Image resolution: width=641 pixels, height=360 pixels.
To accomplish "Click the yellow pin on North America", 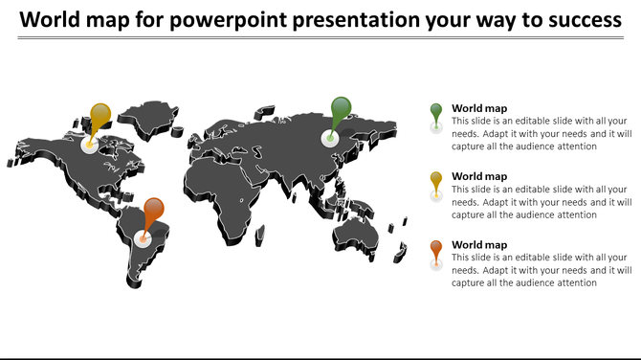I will pyautogui.click(x=99, y=118).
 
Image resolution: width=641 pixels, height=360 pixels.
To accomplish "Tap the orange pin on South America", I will pyautogui.click(x=153, y=210).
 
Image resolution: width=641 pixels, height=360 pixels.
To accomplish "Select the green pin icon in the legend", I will pyautogui.click(x=436, y=113).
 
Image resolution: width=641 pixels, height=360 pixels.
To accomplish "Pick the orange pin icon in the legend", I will pyautogui.click(x=436, y=250).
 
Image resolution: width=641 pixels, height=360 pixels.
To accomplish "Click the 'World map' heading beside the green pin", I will pyautogui.click(x=479, y=108).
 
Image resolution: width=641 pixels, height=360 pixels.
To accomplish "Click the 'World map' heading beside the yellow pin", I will pyautogui.click(x=479, y=176).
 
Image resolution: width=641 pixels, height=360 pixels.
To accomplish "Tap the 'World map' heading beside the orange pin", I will pyautogui.click(x=479, y=244).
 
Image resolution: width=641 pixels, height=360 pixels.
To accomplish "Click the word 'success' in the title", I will pyautogui.click(x=584, y=19).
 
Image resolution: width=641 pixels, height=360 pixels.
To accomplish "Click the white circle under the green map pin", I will pyautogui.click(x=330, y=140).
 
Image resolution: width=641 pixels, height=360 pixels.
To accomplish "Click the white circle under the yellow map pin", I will pyautogui.click(x=90, y=146).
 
